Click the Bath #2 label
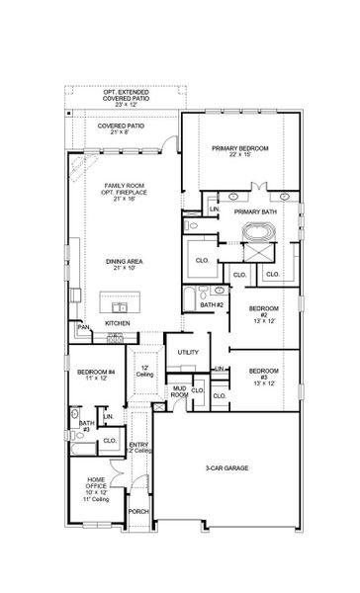point(208,304)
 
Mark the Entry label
point(138,448)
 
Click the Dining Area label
point(124,265)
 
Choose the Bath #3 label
point(85,427)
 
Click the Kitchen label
point(119,323)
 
